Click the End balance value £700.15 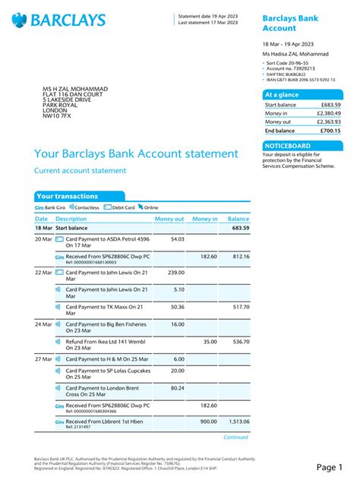(x=329, y=131)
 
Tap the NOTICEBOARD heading (x=286, y=145)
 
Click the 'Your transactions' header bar (x=66, y=196)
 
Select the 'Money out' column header (x=169, y=219)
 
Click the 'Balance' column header (x=238, y=219)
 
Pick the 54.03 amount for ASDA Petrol (x=177, y=239)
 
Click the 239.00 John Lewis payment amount (x=175, y=272)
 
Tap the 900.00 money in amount (x=207, y=422)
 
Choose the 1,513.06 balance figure (x=236, y=422)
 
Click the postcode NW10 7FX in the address (x=57, y=115)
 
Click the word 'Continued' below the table (x=235, y=438)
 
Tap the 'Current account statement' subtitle (x=80, y=171)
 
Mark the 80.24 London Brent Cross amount (x=177, y=388)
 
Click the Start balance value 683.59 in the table (x=240, y=228)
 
